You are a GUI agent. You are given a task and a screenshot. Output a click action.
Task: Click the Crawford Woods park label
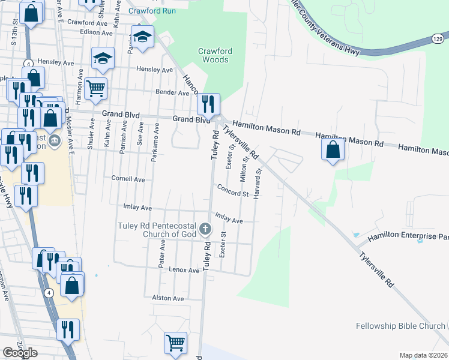[x=214, y=55]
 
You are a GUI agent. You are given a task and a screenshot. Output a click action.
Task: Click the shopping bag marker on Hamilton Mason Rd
[x=333, y=150]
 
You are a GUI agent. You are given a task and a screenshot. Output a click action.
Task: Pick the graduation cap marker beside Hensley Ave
[x=103, y=59]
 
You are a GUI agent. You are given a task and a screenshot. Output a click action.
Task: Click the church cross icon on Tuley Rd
[x=205, y=229]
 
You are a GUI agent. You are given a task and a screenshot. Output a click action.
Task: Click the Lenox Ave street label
[x=184, y=271]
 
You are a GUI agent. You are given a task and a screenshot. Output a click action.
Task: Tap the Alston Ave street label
[x=168, y=298]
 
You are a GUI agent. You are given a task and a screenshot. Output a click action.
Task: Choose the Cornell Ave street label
[x=128, y=179]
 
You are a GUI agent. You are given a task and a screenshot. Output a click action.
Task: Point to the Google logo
[x=20, y=352]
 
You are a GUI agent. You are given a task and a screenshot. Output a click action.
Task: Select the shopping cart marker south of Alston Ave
[x=175, y=343]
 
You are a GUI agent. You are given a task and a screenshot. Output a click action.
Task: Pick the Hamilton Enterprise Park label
[x=408, y=236]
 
